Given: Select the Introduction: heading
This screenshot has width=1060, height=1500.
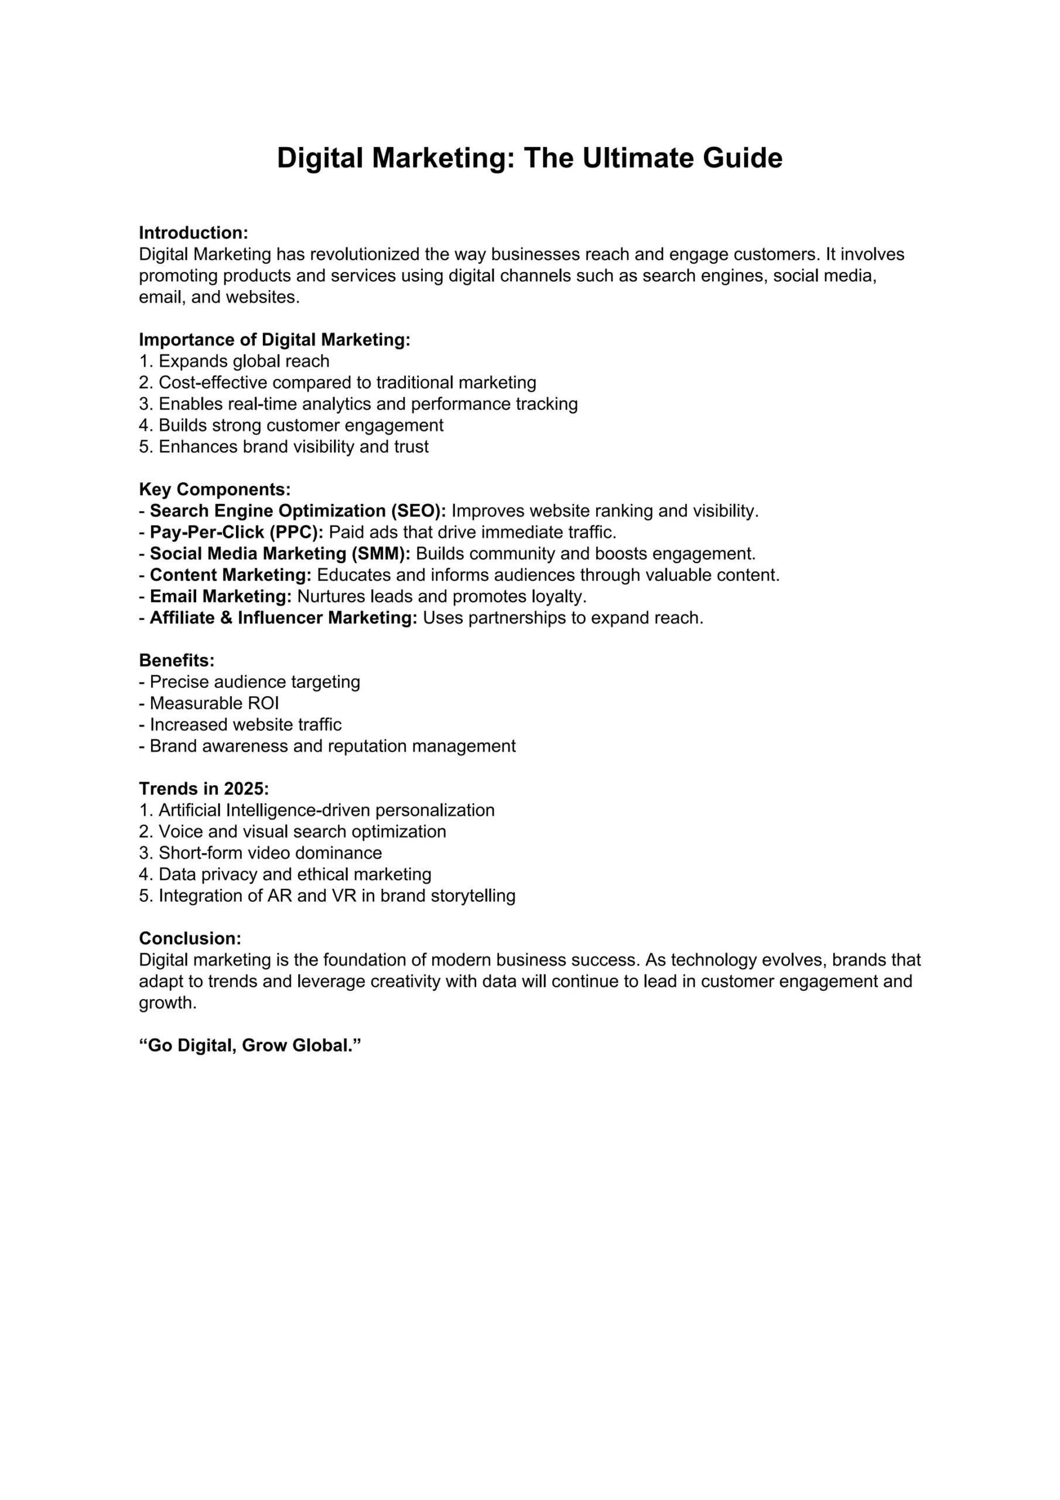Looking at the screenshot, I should click(x=193, y=233).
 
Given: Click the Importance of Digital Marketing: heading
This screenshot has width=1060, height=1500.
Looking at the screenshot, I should click(x=274, y=340).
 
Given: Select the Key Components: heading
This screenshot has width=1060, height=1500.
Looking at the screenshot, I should click(x=214, y=489).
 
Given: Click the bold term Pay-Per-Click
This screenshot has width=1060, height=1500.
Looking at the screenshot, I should click(x=206, y=532).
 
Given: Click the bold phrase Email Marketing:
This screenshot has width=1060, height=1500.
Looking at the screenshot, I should click(x=221, y=596).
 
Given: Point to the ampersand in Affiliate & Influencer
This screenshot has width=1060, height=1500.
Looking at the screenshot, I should click(x=226, y=618).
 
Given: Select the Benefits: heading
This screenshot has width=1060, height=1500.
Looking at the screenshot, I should click(x=176, y=660).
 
